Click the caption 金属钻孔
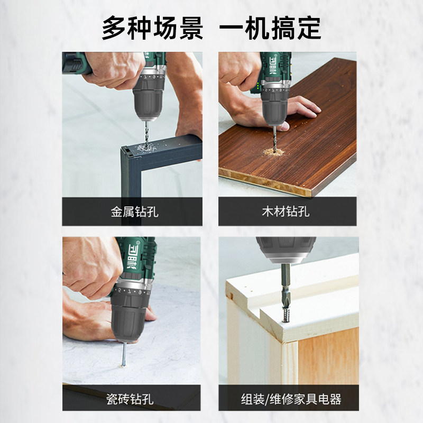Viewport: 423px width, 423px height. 134,212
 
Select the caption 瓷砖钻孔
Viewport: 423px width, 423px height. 130,399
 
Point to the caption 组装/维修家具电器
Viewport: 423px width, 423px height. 291,399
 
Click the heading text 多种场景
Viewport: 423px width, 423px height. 152,28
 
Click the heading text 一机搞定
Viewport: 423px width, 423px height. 270,28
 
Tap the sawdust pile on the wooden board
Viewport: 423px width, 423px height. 273,152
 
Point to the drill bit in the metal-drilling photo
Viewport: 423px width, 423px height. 147,134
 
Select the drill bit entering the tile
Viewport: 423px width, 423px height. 124,354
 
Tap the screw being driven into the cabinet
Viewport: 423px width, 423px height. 286,315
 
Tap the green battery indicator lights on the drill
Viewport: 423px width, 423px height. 259,87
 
